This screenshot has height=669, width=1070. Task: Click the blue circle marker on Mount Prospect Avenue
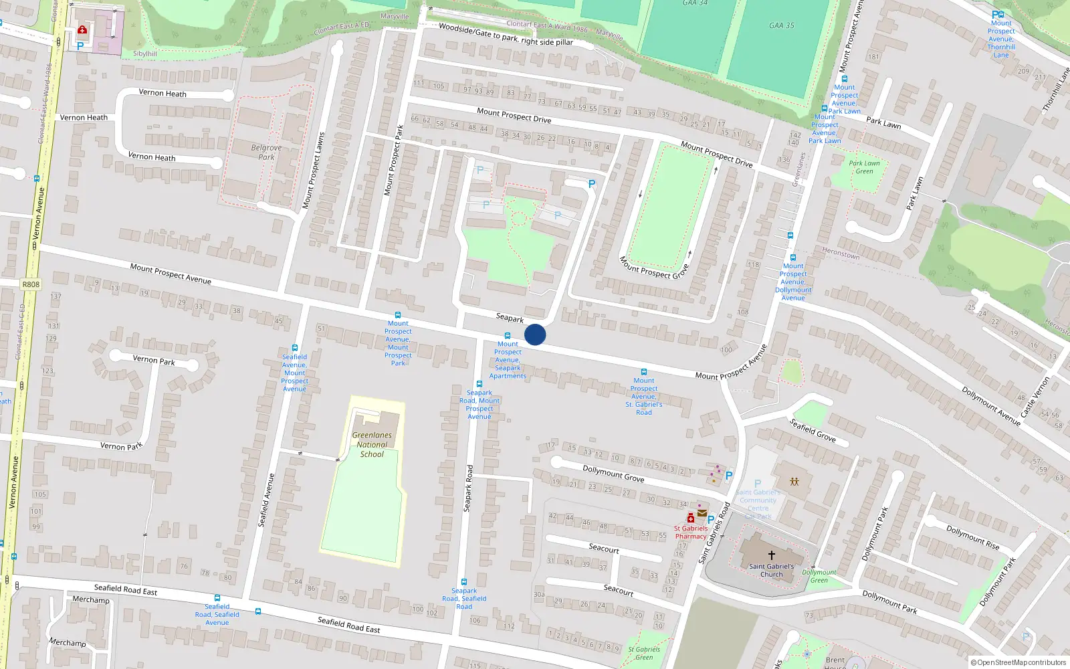[535, 334]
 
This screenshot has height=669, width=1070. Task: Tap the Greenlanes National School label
[372, 444]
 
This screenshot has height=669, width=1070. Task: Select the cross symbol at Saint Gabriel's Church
[771, 555]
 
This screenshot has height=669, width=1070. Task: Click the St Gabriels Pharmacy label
[690, 532]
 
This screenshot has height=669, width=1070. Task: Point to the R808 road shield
[31, 284]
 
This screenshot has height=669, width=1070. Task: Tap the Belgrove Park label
[266, 153]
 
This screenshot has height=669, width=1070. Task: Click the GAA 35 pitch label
[781, 25]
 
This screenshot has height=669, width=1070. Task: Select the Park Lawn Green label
[864, 167]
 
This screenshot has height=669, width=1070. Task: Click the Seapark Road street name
[468, 488]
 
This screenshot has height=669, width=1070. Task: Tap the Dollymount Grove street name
[613, 474]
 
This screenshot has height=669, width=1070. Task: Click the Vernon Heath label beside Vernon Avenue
[84, 118]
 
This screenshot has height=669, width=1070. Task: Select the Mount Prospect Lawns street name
[313, 171]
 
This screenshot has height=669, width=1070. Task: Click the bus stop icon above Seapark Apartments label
[507, 336]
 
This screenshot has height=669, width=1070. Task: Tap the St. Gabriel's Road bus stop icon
[643, 372]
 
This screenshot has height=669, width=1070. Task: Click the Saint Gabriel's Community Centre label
[758, 500]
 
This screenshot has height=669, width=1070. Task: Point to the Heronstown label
[841, 254]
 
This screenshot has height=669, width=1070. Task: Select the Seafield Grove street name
[813, 430]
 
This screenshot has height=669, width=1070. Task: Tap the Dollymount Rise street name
[972, 537]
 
